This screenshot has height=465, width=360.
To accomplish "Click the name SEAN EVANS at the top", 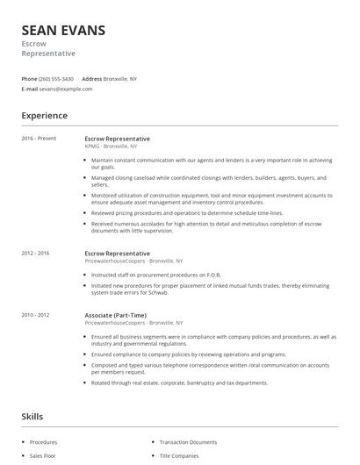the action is (x=63, y=31).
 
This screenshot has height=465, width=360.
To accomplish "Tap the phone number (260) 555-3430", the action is (x=57, y=79).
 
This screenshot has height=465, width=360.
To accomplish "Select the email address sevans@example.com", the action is (x=66, y=89).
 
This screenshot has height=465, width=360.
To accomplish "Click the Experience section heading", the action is (x=44, y=116).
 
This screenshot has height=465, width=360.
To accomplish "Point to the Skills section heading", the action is (x=32, y=417).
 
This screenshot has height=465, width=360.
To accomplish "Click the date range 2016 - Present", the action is (x=39, y=139).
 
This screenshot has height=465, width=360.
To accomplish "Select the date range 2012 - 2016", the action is (x=36, y=254).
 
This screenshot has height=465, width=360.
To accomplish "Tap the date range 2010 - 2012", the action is (x=36, y=315).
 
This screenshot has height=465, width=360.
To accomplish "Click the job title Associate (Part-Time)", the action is (x=115, y=315).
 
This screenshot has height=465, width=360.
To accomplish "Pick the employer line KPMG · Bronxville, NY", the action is (x=111, y=147).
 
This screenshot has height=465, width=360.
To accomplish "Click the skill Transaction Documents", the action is (x=188, y=442).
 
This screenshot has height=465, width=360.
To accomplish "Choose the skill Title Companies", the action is (x=180, y=457).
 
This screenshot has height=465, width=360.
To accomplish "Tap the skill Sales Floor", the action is (x=43, y=457).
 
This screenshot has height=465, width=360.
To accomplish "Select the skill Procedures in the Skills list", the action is (x=43, y=442).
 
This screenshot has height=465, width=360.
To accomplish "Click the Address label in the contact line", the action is (x=91, y=79).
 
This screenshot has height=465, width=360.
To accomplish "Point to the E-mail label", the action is (x=30, y=89).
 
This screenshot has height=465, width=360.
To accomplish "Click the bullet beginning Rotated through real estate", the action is (x=179, y=383).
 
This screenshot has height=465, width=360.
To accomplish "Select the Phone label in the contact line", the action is (x=29, y=79).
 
